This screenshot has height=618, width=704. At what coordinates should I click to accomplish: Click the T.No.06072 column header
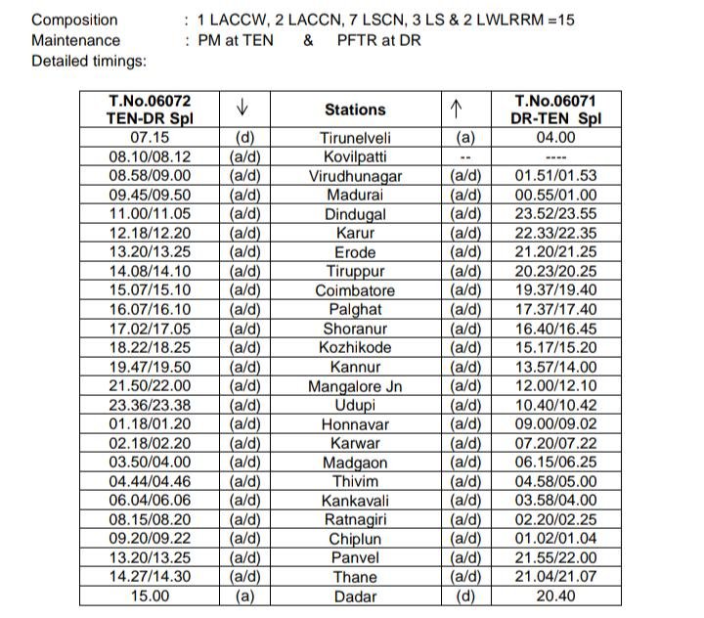(x=149, y=109)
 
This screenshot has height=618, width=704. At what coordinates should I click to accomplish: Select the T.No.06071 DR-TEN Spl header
(x=554, y=109)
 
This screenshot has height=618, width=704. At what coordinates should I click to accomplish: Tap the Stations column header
(x=355, y=110)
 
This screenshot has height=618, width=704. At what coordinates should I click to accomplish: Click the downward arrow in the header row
(x=243, y=107)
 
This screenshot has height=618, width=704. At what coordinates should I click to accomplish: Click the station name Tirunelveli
(x=355, y=138)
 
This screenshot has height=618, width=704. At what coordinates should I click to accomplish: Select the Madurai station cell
(x=355, y=195)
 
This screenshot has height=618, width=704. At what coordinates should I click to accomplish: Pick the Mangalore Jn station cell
(x=355, y=386)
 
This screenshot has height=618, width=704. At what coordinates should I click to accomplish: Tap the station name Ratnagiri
(x=355, y=519)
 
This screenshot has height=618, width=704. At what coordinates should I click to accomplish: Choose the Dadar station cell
(x=355, y=596)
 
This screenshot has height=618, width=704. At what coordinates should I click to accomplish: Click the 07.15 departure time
(x=149, y=138)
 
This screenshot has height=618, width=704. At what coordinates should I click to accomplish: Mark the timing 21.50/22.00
(x=149, y=386)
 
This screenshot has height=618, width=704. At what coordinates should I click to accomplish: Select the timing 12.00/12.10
(x=554, y=386)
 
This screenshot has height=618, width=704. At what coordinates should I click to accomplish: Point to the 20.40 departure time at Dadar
(x=554, y=596)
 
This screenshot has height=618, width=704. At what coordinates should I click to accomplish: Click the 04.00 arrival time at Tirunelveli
(x=554, y=138)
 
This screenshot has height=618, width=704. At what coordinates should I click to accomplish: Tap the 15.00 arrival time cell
(x=149, y=596)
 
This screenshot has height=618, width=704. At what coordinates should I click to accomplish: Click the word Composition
(x=74, y=20)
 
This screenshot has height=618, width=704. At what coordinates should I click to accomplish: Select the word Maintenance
(x=76, y=40)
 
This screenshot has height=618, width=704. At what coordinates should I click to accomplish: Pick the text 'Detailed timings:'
(x=89, y=61)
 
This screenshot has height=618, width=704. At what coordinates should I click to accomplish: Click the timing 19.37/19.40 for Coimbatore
(x=554, y=290)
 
